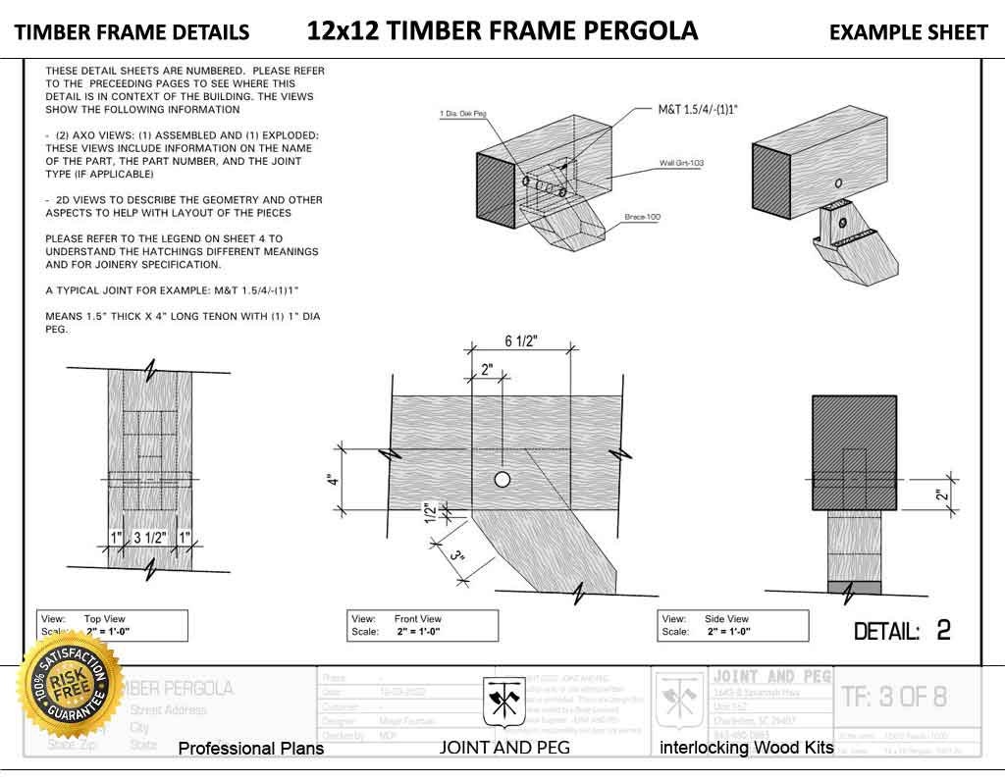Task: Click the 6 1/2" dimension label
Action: [521, 340]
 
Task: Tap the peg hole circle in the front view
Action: [502, 480]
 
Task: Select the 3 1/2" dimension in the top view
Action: [149, 538]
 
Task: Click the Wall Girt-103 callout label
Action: [683, 163]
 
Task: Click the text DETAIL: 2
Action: [902, 630]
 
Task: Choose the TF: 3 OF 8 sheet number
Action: [894, 697]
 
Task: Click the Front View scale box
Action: [422, 626]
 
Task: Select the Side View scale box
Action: [732, 626]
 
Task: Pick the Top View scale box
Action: [112, 626]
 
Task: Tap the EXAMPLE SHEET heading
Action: [908, 32]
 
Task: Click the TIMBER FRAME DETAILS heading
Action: [132, 32]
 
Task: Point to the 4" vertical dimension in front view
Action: [334, 481]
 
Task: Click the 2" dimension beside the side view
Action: [939, 495]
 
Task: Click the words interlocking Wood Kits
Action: [746, 748]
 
